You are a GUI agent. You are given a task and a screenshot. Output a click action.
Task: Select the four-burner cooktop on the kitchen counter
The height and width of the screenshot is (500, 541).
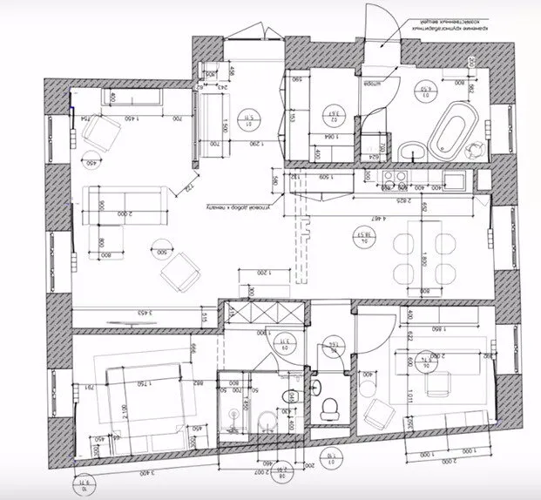pos(391,179)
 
